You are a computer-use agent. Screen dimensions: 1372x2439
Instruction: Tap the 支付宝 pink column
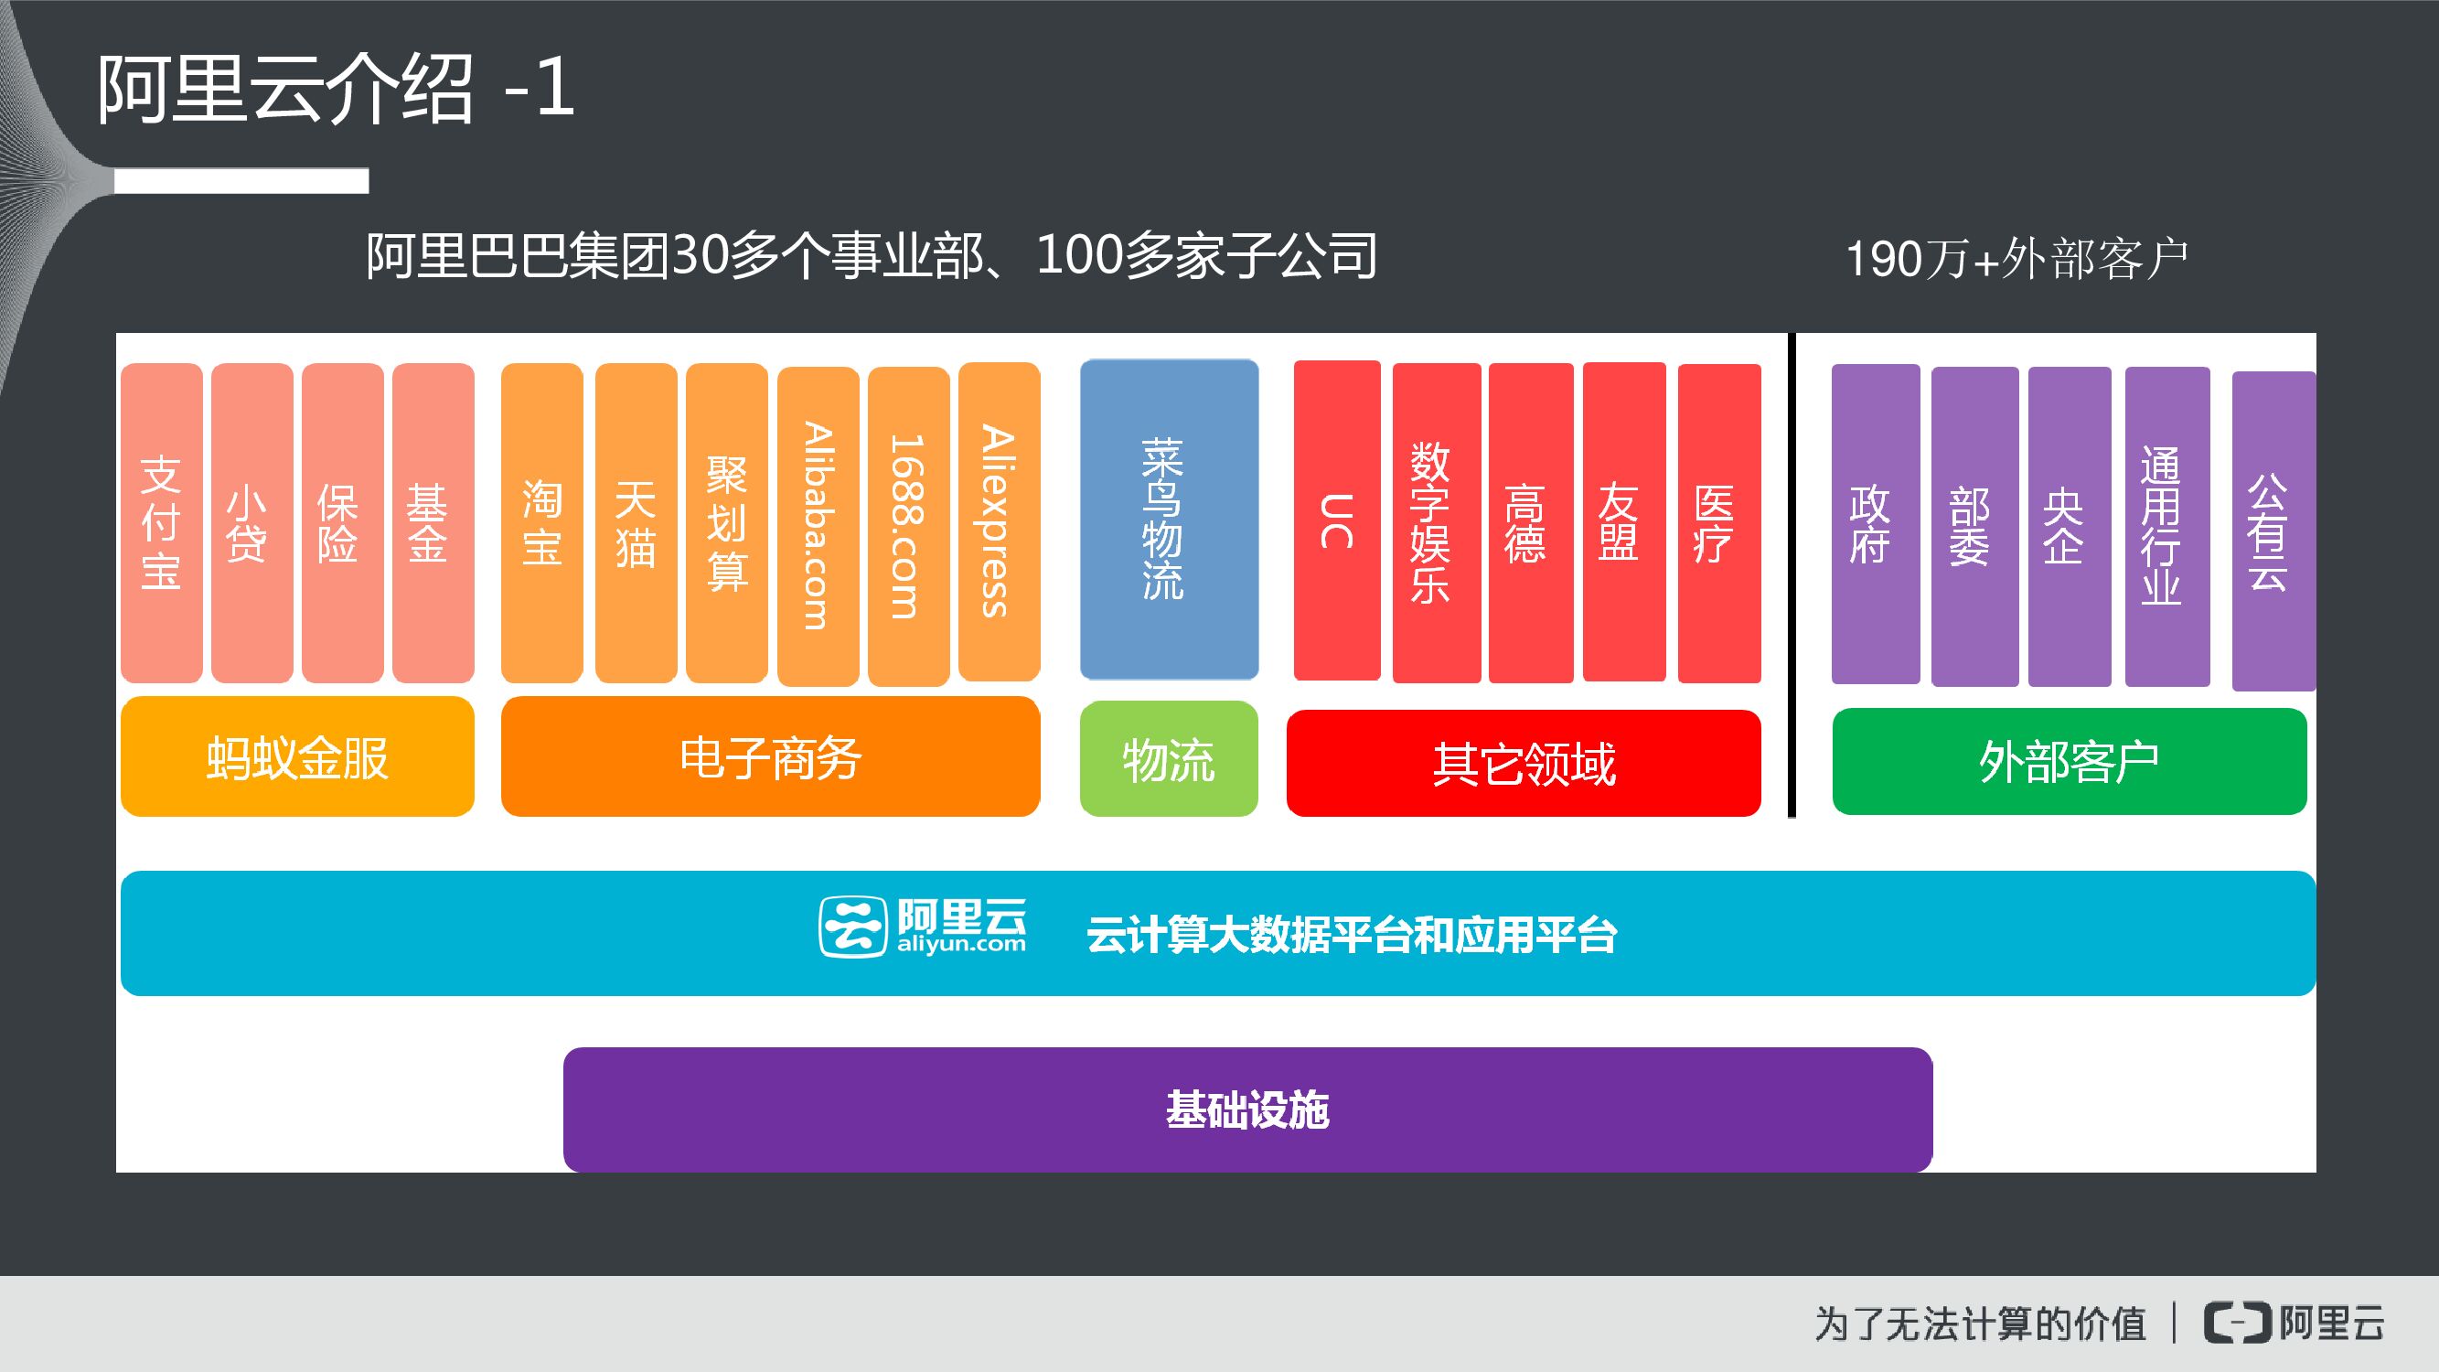161,522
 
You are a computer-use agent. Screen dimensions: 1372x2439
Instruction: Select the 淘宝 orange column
541,522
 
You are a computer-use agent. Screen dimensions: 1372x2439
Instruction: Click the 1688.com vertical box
908,526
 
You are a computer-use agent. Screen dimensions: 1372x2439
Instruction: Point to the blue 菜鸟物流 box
1169,519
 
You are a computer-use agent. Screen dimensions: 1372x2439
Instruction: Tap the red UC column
1336,520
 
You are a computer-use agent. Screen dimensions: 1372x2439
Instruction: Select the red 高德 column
1530,522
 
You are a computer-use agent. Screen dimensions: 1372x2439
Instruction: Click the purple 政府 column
1875,523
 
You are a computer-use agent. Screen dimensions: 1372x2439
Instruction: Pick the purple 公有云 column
2273,531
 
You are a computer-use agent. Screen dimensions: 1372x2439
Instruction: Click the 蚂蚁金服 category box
297,756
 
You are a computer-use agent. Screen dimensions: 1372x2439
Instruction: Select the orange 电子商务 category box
770,756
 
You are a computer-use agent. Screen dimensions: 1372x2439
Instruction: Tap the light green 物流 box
1169,759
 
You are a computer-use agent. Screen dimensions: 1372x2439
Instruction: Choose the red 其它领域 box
1523,763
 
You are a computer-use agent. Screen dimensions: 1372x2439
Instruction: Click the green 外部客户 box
2069,761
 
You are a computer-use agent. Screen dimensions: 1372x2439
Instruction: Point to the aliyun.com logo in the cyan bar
922,927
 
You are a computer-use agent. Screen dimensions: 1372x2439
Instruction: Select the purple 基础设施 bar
1247,1109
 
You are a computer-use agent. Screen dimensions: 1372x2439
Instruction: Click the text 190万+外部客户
2016,259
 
